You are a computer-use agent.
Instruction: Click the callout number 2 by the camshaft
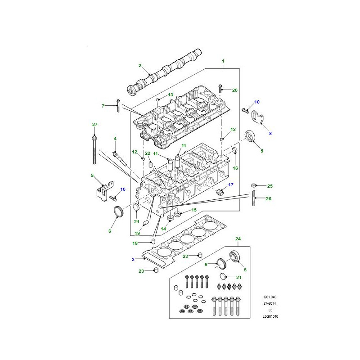click(140, 66)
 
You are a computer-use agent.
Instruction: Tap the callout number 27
click(95, 125)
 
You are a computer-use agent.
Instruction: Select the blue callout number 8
click(270, 133)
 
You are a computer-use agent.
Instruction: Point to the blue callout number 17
click(231, 184)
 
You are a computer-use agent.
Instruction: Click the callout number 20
click(234, 90)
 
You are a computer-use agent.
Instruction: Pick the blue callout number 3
click(133, 260)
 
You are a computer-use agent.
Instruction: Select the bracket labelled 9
click(104, 191)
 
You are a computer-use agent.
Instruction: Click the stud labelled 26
click(254, 198)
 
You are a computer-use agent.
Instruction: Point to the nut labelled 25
click(253, 185)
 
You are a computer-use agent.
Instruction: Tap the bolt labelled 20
click(220, 88)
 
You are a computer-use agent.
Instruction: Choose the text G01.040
click(270, 297)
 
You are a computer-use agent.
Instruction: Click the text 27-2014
click(270, 303)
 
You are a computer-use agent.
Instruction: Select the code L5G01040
click(270, 316)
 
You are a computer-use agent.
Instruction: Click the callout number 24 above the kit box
click(238, 239)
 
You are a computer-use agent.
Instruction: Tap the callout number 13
click(171, 95)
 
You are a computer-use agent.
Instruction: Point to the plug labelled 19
click(146, 222)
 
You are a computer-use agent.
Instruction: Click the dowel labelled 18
click(153, 241)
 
